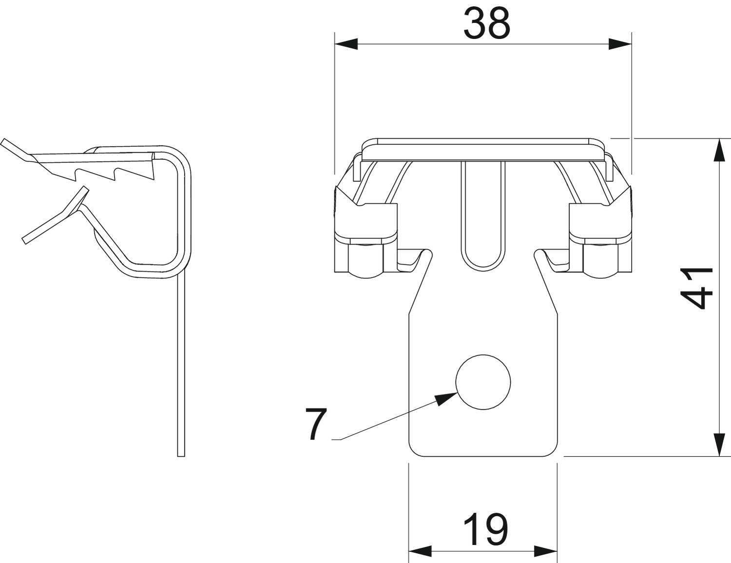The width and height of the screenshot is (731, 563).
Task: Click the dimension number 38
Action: point(487,23)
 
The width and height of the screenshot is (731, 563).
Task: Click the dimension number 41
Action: point(697,288)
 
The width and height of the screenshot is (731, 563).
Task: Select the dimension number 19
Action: point(485,530)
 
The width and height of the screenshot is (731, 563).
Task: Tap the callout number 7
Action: point(316,424)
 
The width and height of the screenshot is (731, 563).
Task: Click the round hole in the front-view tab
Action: point(483,382)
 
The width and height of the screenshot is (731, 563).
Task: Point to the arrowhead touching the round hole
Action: point(446,399)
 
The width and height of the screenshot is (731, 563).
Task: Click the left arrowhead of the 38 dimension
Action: point(346,44)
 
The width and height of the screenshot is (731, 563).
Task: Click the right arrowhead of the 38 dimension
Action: point(620,44)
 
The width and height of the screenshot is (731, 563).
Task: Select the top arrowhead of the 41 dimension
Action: point(720,150)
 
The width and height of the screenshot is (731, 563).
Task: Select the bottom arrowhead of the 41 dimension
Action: point(720,445)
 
